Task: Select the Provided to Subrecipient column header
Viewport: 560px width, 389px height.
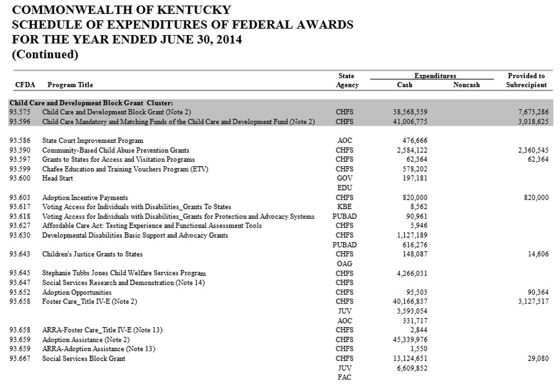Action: click(x=526, y=80)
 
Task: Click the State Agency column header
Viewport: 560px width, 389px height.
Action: click(x=346, y=80)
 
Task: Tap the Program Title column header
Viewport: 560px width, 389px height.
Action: click(x=70, y=85)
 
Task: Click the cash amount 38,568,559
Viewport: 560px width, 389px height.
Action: click(x=410, y=112)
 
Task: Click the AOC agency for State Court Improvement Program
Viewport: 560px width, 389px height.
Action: click(x=345, y=141)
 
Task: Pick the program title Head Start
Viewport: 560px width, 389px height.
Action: click(x=58, y=179)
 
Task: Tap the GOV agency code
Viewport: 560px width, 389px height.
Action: click(x=345, y=179)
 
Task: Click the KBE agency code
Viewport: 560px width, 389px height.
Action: click(x=345, y=207)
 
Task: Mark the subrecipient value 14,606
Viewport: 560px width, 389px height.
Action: click(x=537, y=254)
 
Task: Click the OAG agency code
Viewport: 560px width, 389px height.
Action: click(x=345, y=264)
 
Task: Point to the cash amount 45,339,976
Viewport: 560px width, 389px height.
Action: click(x=410, y=340)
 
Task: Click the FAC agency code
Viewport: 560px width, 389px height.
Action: click(x=345, y=378)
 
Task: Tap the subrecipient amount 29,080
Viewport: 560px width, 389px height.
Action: click(x=537, y=359)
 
